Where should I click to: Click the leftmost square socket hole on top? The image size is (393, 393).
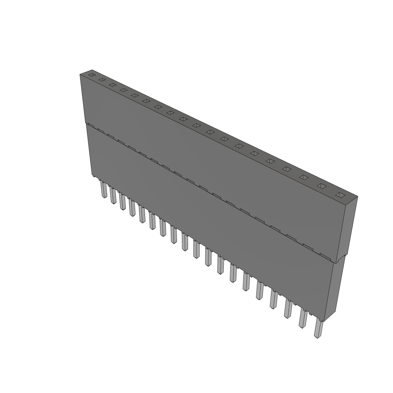click(x=91, y=75)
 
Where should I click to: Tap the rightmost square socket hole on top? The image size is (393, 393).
click(x=339, y=195)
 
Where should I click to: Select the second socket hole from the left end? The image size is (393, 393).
click(x=102, y=80)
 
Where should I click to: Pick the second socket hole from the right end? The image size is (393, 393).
click(x=322, y=186)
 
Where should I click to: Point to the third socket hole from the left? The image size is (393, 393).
click(x=112, y=85)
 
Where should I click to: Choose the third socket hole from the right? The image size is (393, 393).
click(x=304, y=177)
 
